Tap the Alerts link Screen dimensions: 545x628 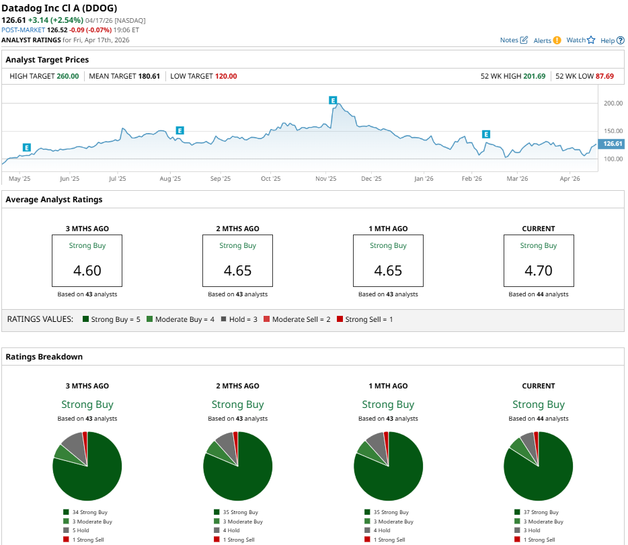[x=547, y=40]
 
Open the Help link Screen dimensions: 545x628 [x=612, y=40]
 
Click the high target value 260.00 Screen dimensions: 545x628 [x=69, y=76]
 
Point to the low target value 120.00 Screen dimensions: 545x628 [x=226, y=76]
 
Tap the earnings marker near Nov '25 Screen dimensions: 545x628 [x=332, y=100]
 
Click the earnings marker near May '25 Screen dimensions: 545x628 [x=26, y=147]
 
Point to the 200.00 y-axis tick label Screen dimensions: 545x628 [x=613, y=103]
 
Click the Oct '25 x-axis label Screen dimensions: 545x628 [x=270, y=179]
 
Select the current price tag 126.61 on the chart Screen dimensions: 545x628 [x=613, y=144]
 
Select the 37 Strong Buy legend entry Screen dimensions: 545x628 [x=538, y=512]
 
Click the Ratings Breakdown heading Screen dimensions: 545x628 [x=44, y=356]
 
